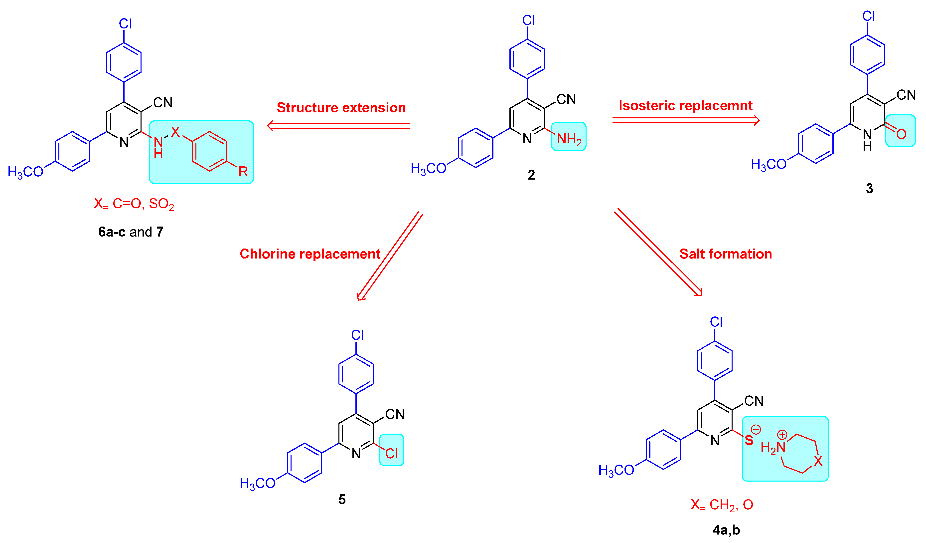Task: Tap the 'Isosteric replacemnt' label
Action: [x=686, y=105]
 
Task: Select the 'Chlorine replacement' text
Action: [x=310, y=254]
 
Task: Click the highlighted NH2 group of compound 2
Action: [x=569, y=139]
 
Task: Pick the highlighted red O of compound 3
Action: [x=901, y=134]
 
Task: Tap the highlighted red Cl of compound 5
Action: [x=391, y=454]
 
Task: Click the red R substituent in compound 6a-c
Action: [x=243, y=171]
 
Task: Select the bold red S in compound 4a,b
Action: [x=749, y=440]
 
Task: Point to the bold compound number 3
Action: [x=869, y=189]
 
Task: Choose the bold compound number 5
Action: [x=342, y=499]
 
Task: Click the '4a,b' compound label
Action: [x=726, y=530]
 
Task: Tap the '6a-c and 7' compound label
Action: [x=131, y=232]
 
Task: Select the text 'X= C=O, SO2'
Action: [x=134, y=204]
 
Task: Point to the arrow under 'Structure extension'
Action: [x=338, y=126]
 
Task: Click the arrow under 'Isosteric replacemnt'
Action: [x=686, y=120]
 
